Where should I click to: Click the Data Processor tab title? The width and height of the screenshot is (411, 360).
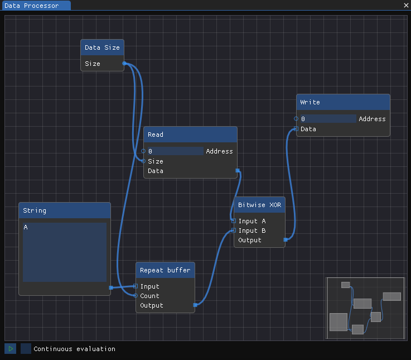point(32,6)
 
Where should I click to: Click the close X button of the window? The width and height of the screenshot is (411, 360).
point(406,5)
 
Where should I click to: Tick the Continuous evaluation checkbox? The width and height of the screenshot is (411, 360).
point(26,349)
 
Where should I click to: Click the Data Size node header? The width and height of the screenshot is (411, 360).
point(102,47)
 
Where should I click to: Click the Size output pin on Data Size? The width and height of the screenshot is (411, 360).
point(124,63)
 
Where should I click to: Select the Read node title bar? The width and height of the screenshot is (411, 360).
point(190,135)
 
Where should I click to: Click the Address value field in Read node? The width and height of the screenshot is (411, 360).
point(175,151)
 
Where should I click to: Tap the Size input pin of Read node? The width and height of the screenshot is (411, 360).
point(143,161)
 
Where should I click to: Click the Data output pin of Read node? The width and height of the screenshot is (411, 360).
point(238,171)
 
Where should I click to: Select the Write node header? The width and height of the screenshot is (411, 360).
point(343,102)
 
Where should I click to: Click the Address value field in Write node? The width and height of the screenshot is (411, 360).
point(328,118)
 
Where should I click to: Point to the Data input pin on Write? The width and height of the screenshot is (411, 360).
point(296,128)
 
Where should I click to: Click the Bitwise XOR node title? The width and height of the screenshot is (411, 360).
point(259,205)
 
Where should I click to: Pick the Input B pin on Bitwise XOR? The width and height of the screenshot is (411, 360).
point(234,231)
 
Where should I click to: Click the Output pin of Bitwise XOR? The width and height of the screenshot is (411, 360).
point(286,239)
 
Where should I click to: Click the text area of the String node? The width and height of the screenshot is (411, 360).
point(65,252)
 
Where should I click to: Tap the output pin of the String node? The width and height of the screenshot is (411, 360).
point(111,287)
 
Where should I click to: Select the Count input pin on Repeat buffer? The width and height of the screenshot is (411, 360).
point(136,296)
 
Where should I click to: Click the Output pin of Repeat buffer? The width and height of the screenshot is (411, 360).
point(195,305)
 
